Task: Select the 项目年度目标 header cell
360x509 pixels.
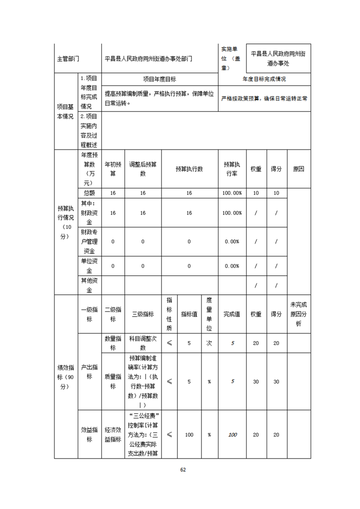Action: pyautogui.click(x=159, y=79)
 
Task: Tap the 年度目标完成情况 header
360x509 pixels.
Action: pyautogui.click(x=264, y=79)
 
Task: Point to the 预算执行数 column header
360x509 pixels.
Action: pyautogui.click(x=189, y=169)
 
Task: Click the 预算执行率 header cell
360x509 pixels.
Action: pyautogui.click(x=232, y=169)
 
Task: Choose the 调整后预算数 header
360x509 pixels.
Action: pyautogui.click(x=143, y=169)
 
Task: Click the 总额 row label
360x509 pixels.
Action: pyautogui.click(x=89, y=193)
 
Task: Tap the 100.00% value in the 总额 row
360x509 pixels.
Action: pyautogui.click(x=232, y=193)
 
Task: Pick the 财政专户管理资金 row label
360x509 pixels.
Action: pyautogui.click(x=89, y=241)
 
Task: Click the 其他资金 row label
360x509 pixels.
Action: pyautogui.click(x=89, y=285)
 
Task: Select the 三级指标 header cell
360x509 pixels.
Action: pyautogui.click(x=143, y=314)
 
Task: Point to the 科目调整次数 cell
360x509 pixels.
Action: pyautogui.click(x=143, y=343)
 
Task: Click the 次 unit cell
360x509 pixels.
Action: pyautogui.click(x=209, y=343)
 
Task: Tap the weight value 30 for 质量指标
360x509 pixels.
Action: pyautogui.click(x=256, y=382)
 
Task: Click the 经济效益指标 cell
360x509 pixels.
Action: pyautogui.click(x=113, y=435)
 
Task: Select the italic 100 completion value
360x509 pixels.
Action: pyautogui.click(x=232, y=435)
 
